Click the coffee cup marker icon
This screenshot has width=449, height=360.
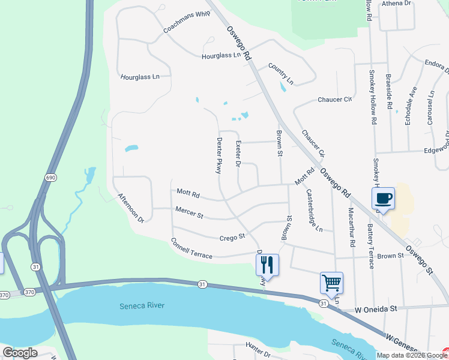click(x=383, y=198)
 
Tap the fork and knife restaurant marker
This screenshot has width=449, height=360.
click(x=267, y=265)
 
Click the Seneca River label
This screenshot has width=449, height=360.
click(x=141, y=305)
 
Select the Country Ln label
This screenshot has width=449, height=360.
click(x=281, y=73)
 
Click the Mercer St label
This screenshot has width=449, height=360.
click(x=189, y=212)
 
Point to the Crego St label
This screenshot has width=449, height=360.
click(x=232, y=237)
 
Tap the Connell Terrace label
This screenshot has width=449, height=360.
click(x=191, y=248)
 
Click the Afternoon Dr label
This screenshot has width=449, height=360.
click(x=131, y=208)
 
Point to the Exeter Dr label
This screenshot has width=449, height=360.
click(x=238, y=154)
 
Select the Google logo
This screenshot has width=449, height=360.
click(x=20, y=353)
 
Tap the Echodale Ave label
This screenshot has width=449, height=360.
click(x=411, y=104)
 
